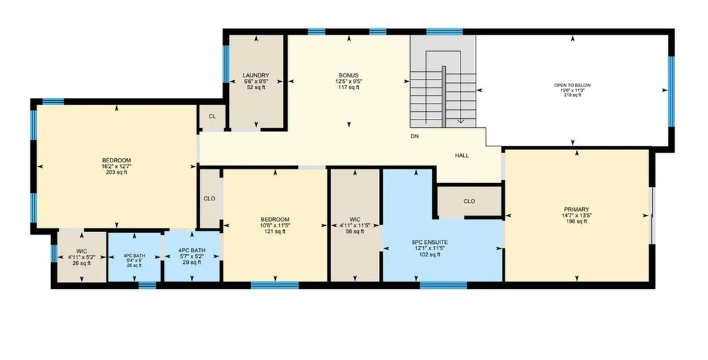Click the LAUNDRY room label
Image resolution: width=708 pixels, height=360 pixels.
pyautogui.click(x=256, y=75)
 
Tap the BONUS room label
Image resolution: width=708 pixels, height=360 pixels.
pyautogui.click(x=349, y=75)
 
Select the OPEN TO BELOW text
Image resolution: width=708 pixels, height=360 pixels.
pyautogui.click(x=572, y=85)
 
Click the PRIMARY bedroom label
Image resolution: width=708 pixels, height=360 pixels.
pyautogui.click(x=577, y=209)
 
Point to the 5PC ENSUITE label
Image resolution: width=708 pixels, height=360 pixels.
pyautogui.click(x=429, y=243)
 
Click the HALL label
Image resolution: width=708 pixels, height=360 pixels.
pyautogui.click(x=462, y=155)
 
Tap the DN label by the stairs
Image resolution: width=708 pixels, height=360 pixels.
pyautogui.click(x=415, y=136)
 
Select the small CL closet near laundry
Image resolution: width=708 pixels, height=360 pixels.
pyautogui.click(x=212, y=116)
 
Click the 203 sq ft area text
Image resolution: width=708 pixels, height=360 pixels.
pyautogui.click(x=116, y=172)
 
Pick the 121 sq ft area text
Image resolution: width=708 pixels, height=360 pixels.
pyautogui.click(x=275, y=231)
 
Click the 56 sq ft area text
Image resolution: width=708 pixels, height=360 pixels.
pyautogui.click(x=355, y=231)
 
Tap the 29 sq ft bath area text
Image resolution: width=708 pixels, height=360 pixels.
pyautogui.click(x=192, y=263)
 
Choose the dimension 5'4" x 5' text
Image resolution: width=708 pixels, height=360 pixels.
pyautogui.click(x=135, y=260)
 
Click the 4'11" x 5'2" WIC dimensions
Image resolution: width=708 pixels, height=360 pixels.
pyautogui.click(x=82, y=258)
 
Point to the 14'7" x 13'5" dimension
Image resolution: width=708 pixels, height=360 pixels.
pyautogui.click(x=577, y=215)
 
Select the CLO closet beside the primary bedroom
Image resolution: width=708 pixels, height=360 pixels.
pyautogui.click(x=469, y=201)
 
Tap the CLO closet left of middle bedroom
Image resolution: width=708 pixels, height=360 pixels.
pyautogui.click(x=209, y=198)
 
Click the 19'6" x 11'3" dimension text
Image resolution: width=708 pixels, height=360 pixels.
pyautogui.click(x=572, y=91)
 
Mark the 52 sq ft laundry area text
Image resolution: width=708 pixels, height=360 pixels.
pyautogui.click(x=256, y=87)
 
